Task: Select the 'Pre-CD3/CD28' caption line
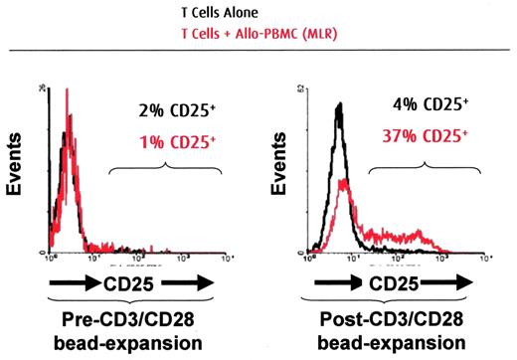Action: point(133,323)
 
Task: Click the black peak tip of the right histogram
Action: point(339,103)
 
